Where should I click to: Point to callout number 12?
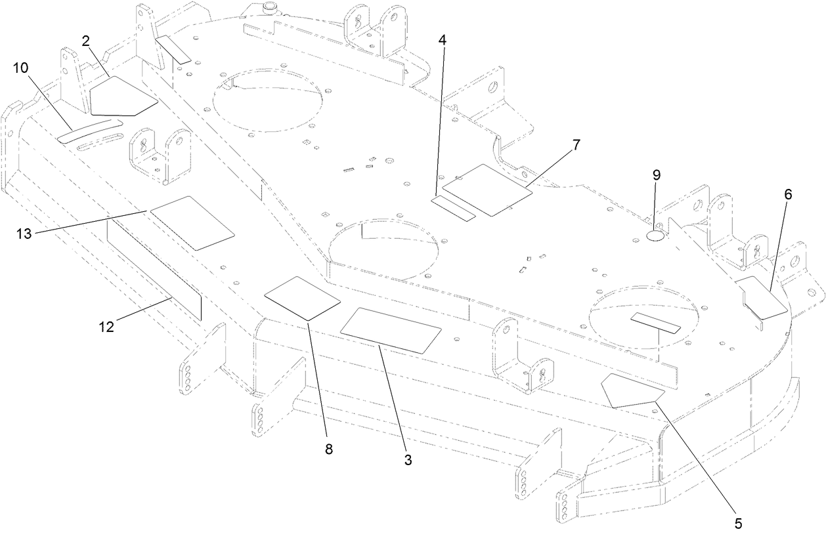coord(106,326)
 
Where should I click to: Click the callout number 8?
coord(329,449)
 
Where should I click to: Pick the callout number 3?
coord(408,460)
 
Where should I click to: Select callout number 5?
coord(738,523)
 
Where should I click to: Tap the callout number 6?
coord(788,194)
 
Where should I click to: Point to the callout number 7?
coord(576,146)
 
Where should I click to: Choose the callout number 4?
coord(443,40)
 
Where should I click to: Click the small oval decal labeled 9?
coord(655,236)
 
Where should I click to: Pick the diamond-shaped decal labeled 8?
coord(302,298)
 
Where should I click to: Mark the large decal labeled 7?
coord(487,190)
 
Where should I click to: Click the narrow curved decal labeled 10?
coord(89,131)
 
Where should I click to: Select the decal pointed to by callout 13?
coord(192,222)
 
